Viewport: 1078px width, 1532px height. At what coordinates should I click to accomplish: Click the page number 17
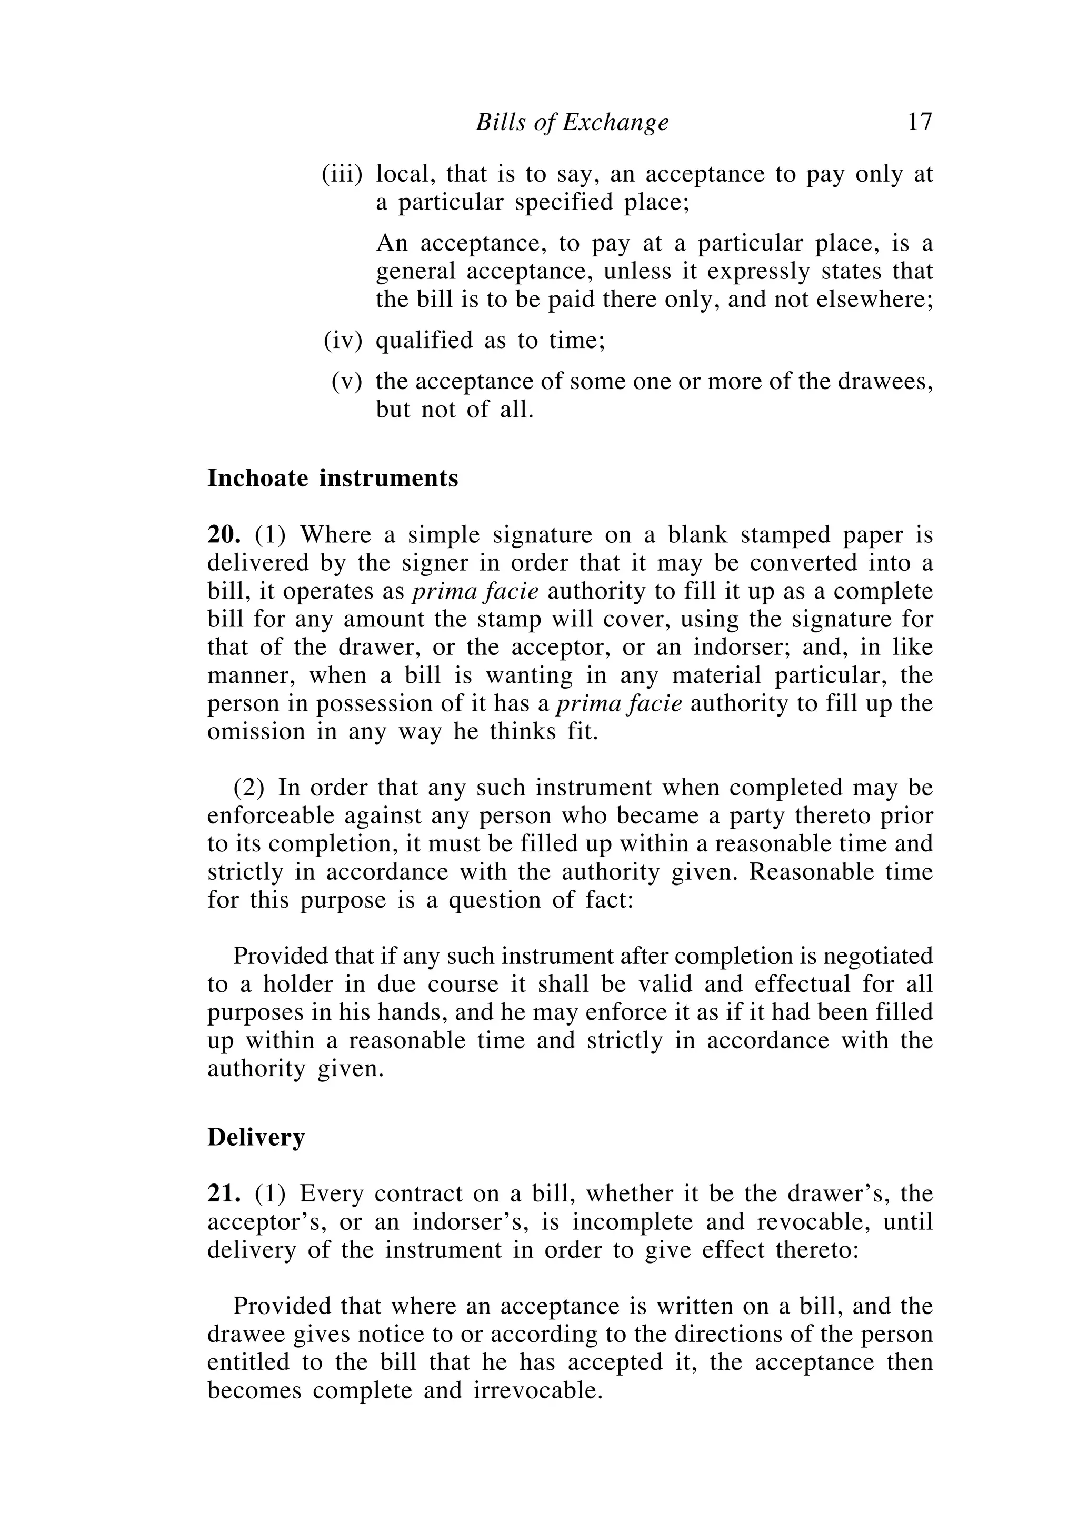pyautogui.click(x=919, y=122)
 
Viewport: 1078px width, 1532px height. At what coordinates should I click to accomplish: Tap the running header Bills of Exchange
pyautogui.click(x=572, y=123)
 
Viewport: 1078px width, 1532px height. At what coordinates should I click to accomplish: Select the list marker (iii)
pyautogui.click(x=342, y=174)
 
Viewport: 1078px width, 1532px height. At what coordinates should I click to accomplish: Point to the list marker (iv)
pyautogui.click(x=343, y=340)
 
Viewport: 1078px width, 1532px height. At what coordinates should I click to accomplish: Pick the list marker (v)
pyautogui.click(x=347, y=381)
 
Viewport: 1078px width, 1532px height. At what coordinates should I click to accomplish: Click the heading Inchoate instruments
pyautogui.click(x=332, y=479)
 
